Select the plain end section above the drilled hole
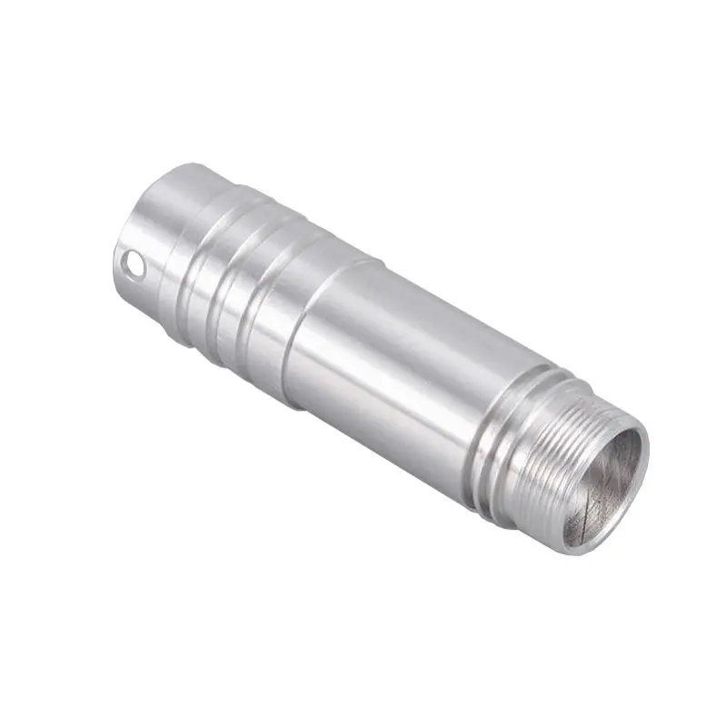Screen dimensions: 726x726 (x=168, y=204)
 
